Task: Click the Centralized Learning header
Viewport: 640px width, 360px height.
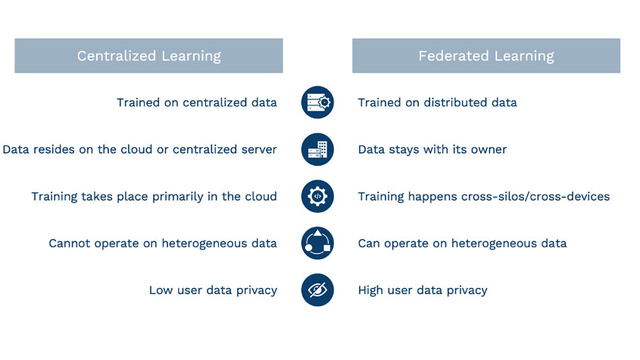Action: click(x=148, y=56)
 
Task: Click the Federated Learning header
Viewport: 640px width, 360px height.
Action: click(x=485, y=56)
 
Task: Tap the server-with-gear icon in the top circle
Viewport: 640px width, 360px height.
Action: click(x=317, y=102)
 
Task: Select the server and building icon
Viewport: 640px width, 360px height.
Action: click(x=317, y=149)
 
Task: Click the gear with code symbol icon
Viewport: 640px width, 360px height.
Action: click(x=317, y=196)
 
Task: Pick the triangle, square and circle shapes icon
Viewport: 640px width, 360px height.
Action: click(x=317, y=243)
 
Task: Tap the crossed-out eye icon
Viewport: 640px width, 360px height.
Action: click(x=317, y=290)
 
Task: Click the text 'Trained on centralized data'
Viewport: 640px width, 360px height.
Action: click(x=196, y=102)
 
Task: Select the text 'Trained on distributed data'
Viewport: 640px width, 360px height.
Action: click(x=437, y=102)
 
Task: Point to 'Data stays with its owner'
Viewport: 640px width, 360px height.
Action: click(x=432, y=149)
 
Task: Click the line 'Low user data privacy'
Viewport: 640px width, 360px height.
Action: click(x=213, y=290)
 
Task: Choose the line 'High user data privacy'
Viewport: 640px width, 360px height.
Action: click(x=422, y=290)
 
